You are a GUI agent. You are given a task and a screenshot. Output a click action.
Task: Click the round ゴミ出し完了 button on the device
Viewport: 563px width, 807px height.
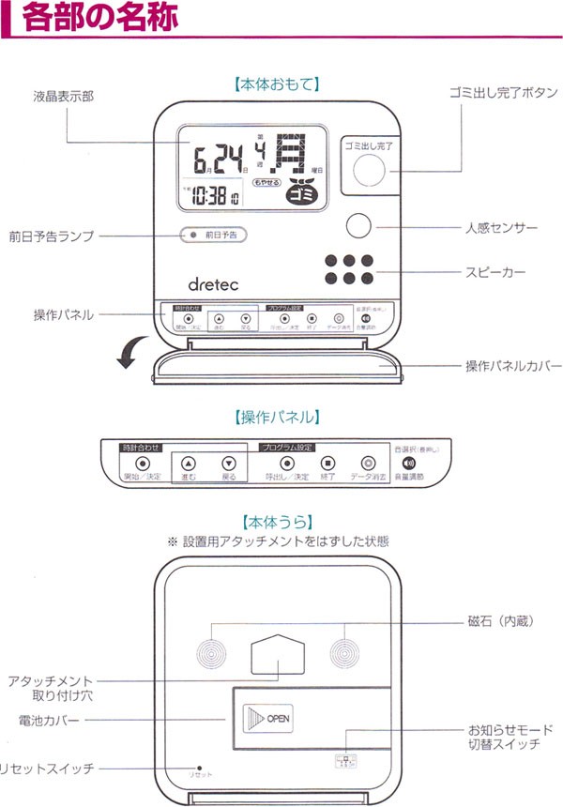coord(370,171)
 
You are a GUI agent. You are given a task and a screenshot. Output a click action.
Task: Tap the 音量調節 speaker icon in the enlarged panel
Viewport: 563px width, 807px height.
coord(407,463)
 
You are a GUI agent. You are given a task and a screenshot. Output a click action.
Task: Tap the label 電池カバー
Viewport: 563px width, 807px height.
coord(49,720)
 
